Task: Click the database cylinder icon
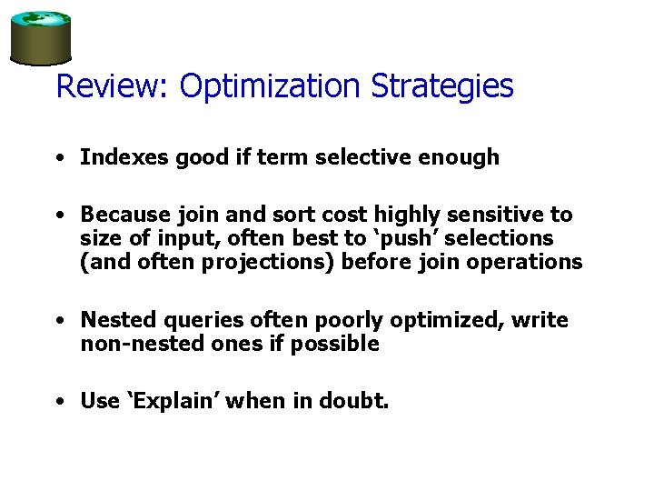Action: coord(40,37)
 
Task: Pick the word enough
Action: coord(461,157)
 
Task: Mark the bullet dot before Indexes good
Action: coord(59,158)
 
